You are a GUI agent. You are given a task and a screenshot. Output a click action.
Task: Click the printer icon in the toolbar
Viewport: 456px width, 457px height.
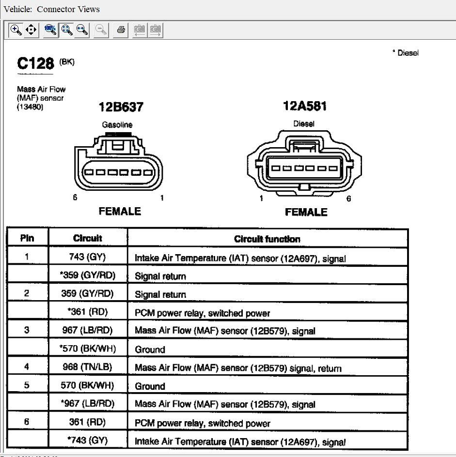[x=121, y=30]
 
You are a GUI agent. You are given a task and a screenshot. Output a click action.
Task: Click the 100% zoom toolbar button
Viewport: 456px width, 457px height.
[x=50, y=30]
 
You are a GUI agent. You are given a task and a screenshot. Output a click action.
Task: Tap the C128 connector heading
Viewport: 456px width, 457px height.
[x=35, y=63]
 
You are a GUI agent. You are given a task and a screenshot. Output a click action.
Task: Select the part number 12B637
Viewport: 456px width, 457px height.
[x=121, y=107]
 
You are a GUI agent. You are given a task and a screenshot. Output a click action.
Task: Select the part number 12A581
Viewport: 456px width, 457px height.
[x=304, y=106]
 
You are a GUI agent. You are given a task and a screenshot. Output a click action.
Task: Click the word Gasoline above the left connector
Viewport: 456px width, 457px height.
[x=117, y=124]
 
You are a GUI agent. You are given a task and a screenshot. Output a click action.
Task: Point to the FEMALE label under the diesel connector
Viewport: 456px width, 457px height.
[x=306, y=212]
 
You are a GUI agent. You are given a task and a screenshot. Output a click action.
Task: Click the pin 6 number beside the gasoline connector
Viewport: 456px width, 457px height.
[x=75, y=198]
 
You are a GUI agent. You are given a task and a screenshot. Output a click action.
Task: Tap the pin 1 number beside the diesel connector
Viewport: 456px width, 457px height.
[x=261, y=198]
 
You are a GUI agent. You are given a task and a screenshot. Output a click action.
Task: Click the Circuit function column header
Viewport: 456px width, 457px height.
[x=267, y=239]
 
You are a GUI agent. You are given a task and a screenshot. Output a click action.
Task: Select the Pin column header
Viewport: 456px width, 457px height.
[x=27, y=238]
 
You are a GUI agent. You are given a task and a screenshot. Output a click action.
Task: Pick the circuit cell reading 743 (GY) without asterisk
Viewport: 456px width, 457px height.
[x=87, y=257]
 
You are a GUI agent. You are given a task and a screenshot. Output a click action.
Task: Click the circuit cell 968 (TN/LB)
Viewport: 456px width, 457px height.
[x=87, y=367]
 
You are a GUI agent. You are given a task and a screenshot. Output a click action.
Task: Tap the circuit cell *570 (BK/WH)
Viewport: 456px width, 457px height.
[x=87, y=349]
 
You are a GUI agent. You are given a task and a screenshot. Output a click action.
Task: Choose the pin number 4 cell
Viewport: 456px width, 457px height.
[x=27, y=367]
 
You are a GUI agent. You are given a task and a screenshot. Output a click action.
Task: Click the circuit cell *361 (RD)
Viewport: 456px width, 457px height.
[x=87, y=312]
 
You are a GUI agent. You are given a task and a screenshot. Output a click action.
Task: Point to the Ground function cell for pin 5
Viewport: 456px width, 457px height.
[x=150, y=386]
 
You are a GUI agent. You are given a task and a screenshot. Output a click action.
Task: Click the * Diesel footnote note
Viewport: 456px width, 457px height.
[x=405, y=53]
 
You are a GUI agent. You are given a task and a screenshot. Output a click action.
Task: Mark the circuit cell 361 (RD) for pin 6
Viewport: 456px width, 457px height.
[x=87, y=422]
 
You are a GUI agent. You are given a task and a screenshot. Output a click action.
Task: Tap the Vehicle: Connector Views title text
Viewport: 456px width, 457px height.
[x=51, y=9]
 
